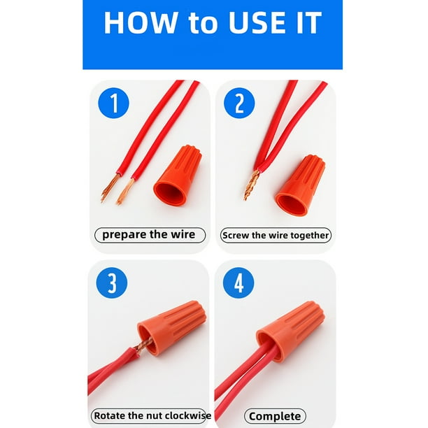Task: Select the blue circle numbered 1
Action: [113, 103]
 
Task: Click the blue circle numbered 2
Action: [239, 103]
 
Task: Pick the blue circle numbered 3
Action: [112, 283]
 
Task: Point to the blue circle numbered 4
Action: [238, 283]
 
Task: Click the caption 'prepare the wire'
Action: [149, 235]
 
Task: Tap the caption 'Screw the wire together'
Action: [276, 235]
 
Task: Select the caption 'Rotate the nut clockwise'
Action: [152, 415]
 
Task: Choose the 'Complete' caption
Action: [275, 417]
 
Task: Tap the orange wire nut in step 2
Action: [300, 185]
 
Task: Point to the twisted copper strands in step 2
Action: [251, 185]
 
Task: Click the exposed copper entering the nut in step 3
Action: [143, 346]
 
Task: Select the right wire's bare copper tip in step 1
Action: [125, 192]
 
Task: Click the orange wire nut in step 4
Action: [290, 331]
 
